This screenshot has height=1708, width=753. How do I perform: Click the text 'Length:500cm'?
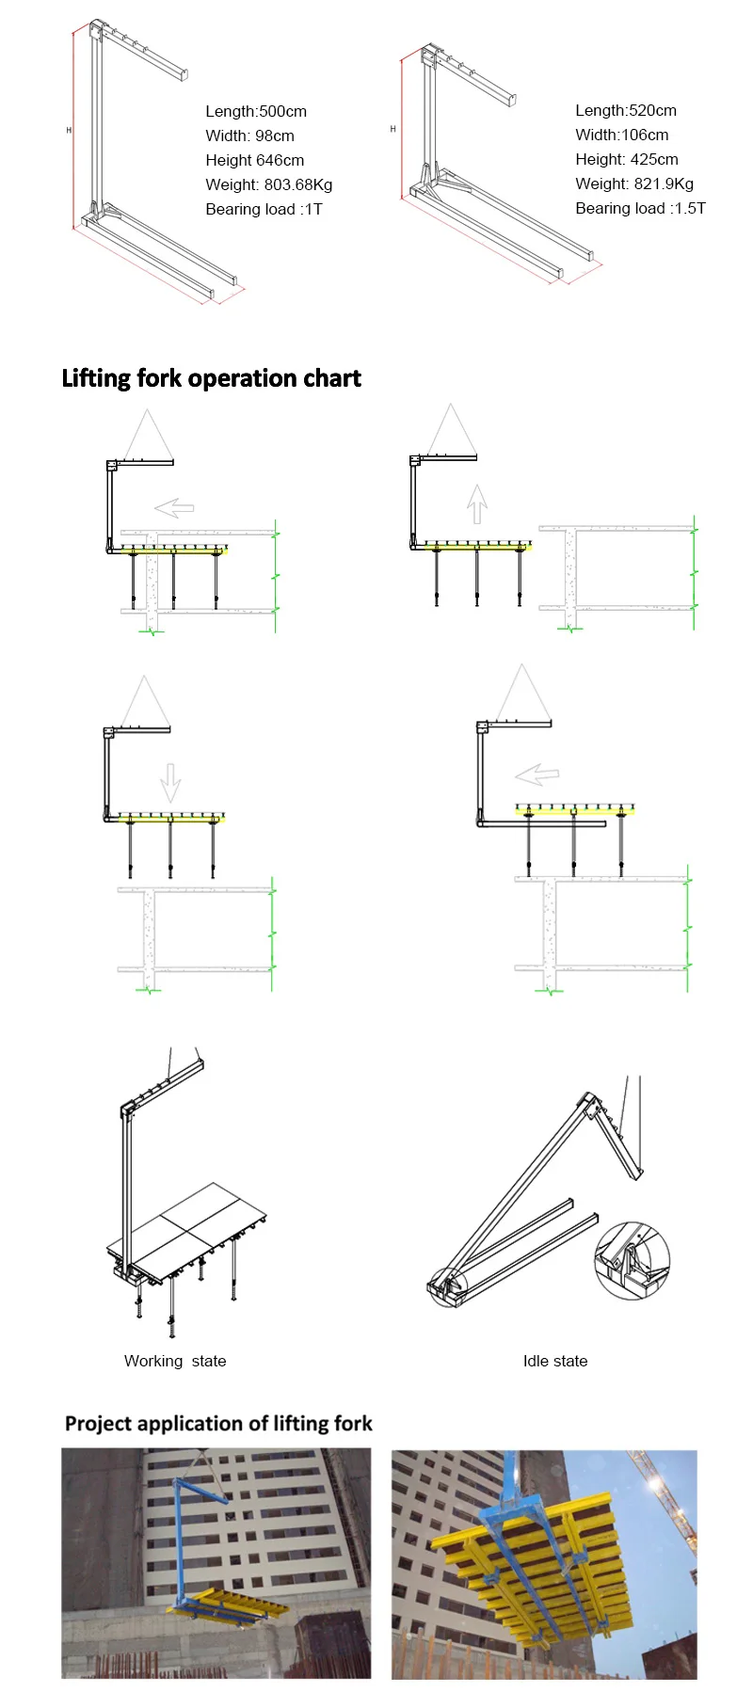click(256, 111)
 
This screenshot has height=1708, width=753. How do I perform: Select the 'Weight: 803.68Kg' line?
click(268, 184)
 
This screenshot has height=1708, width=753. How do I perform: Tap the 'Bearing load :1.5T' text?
click(640, 208)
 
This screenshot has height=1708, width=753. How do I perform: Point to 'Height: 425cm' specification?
click(626, 159)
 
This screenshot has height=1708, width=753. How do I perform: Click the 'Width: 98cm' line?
click(249, 136)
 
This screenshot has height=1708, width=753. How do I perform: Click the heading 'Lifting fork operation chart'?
click(211, 378)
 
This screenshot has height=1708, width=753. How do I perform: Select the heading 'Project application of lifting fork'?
click(218, 1423)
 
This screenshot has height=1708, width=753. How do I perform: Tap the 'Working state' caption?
click(175, 1361)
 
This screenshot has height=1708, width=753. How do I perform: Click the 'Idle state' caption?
click(554, 1361)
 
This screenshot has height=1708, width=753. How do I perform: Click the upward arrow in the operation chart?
click(477, 503)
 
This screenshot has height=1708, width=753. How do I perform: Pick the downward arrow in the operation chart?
click(170, 782)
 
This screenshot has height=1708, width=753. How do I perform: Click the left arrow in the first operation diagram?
click(175, 508)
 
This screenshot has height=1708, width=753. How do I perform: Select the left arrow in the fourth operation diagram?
click(537, 775)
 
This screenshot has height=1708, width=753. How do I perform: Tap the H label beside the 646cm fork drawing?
click(69, 130)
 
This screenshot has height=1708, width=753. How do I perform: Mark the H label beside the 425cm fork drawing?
click(393, 129)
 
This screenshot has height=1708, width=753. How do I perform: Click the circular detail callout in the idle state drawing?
click(632, 1261)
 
